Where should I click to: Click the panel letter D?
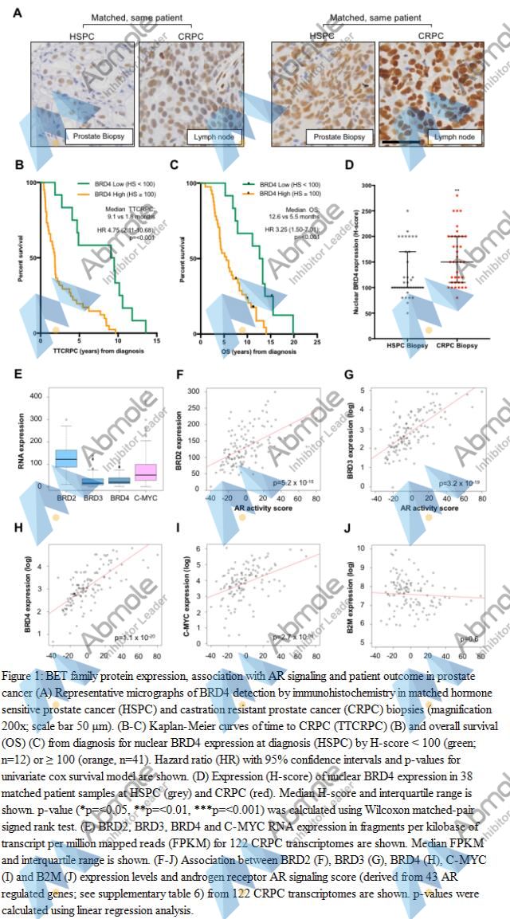[349, 167]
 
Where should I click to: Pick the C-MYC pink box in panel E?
[145, 471]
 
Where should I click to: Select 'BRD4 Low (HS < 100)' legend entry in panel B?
[114, 184]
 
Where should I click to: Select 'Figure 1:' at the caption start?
[22, 675]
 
